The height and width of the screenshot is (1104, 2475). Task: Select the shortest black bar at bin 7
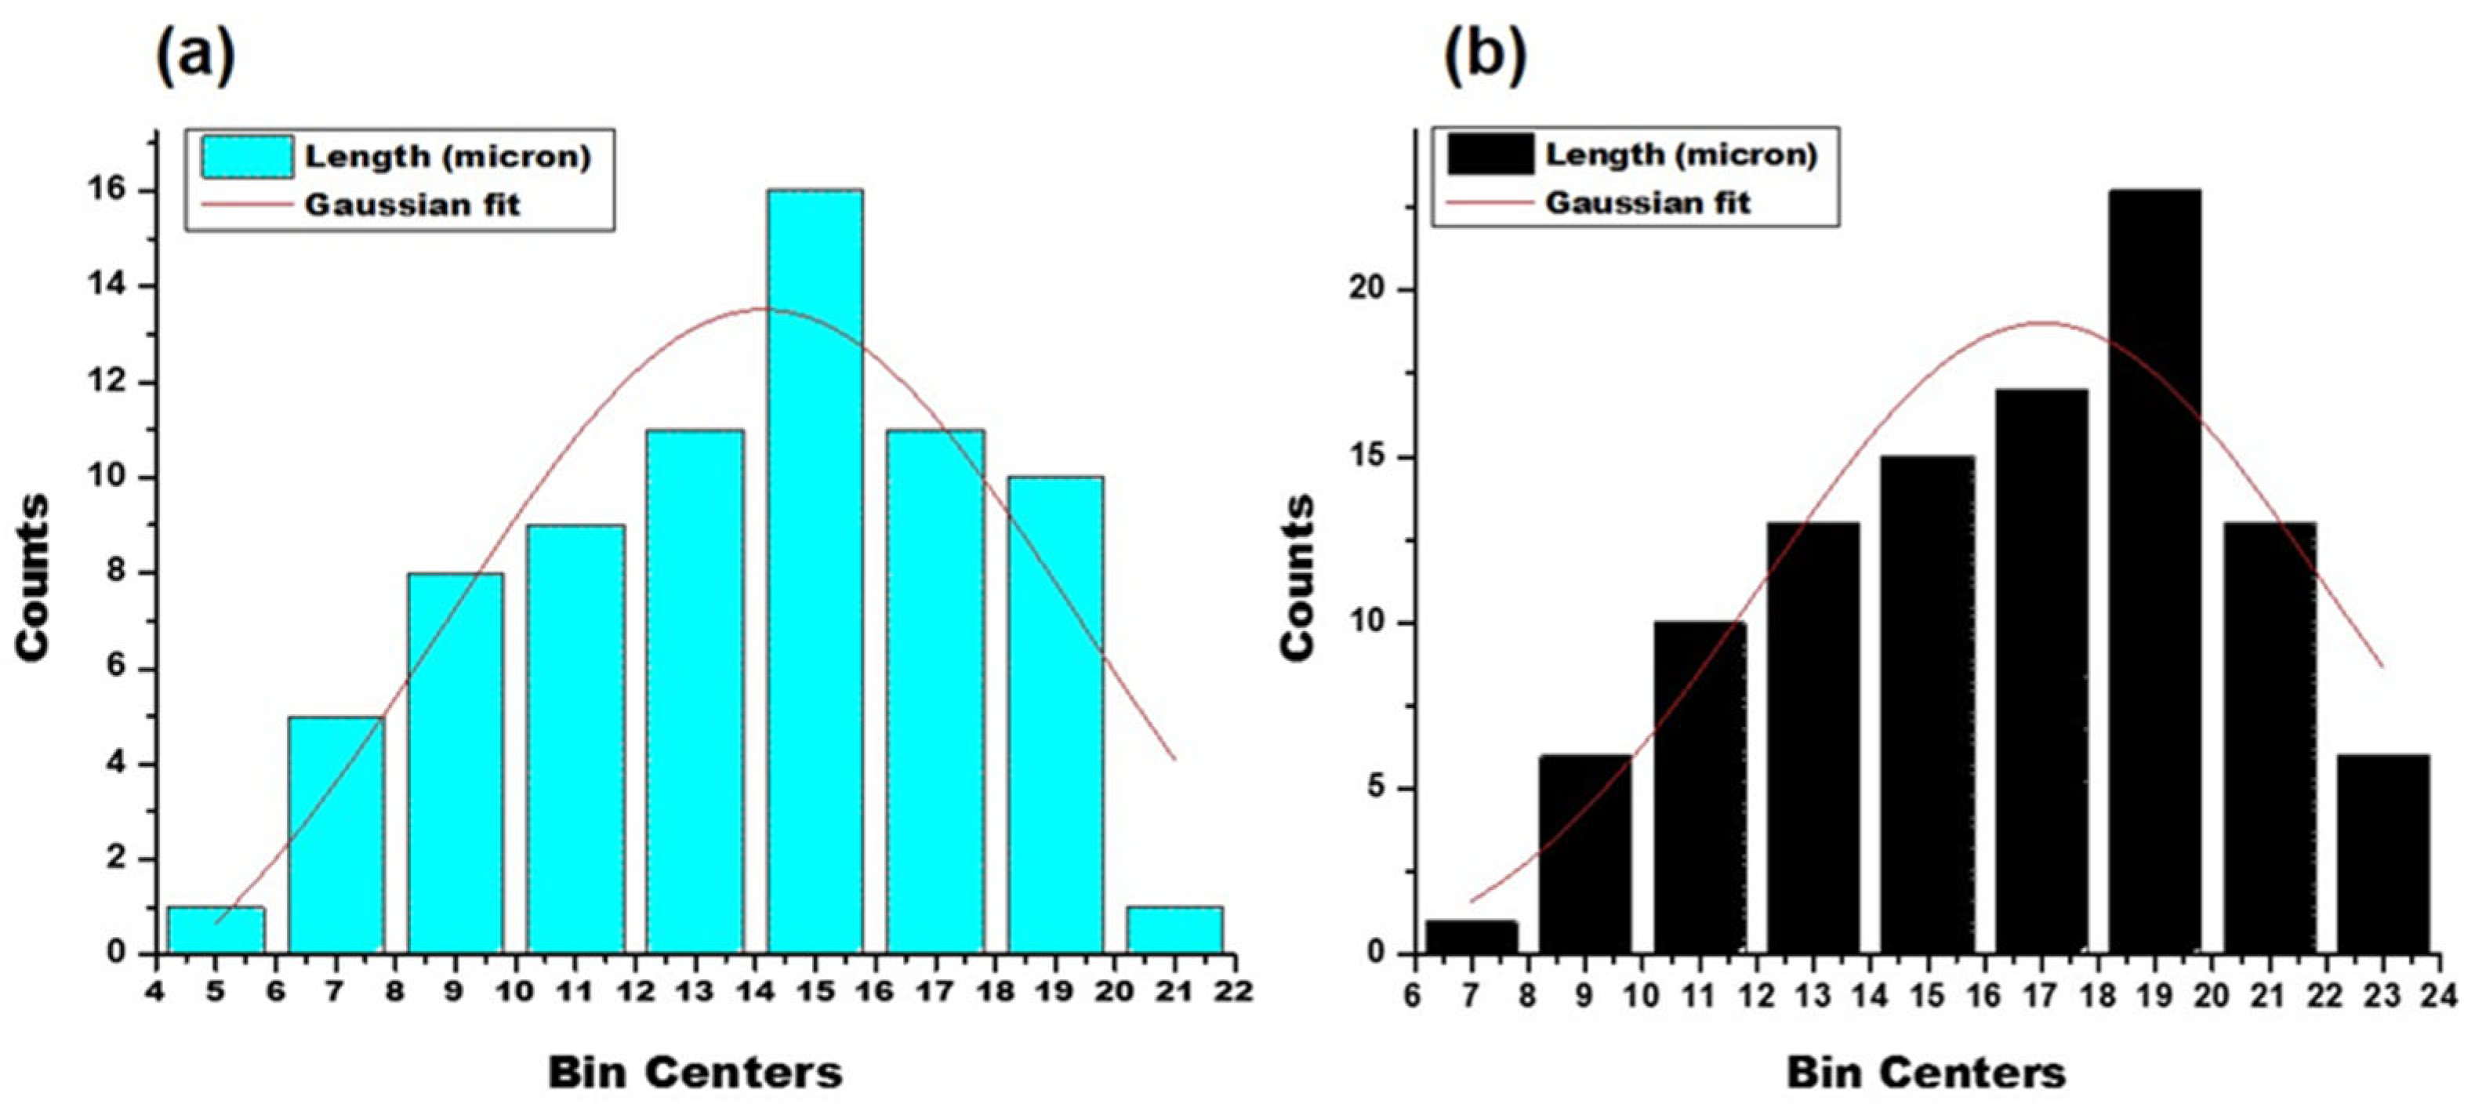[1471, 937]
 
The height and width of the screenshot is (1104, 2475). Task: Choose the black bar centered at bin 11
[1700, 787]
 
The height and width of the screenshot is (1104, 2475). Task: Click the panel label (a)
[195, 56]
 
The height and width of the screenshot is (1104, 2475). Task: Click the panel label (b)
[1486, 56]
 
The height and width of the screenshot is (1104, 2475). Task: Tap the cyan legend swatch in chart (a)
[247, 157]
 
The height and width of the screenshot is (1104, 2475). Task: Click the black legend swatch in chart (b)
[1490, 154]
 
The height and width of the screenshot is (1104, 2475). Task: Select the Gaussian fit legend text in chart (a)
[412, 205]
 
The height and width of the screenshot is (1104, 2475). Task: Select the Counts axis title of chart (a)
[34, 576]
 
